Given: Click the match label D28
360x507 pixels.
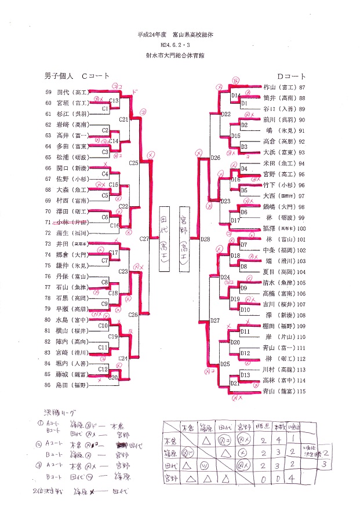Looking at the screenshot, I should click(x=205, y=238).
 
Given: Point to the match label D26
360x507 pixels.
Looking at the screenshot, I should click(x=216, y=158).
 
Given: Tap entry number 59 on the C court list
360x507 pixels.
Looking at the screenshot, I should click(x=48, y=92).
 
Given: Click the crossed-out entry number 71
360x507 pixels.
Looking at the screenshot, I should click(x=48, y=223).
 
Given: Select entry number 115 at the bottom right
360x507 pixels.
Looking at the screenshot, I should click(x=302, y=392).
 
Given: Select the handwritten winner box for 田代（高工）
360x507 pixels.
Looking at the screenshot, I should click(x=164, y=238).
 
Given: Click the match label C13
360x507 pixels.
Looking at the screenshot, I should click(x=114, y=101).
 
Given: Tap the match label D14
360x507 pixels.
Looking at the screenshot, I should click(x=235, y=95).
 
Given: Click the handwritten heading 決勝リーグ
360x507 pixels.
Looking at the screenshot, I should click(x=60, y=413).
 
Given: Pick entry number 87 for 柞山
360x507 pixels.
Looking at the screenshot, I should click(x=302, y=87).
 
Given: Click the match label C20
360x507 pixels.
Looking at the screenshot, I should click(x=114, y=377).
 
